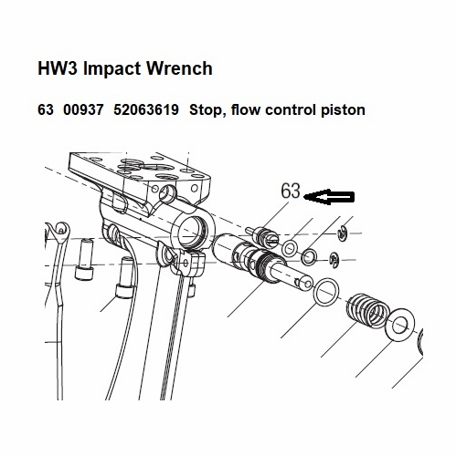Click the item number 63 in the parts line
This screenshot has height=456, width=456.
(46, 110)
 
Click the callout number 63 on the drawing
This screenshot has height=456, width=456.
(291, 192)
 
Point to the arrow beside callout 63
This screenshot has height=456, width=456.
(332, 194)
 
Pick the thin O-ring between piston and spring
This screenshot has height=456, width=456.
(326, 293)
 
